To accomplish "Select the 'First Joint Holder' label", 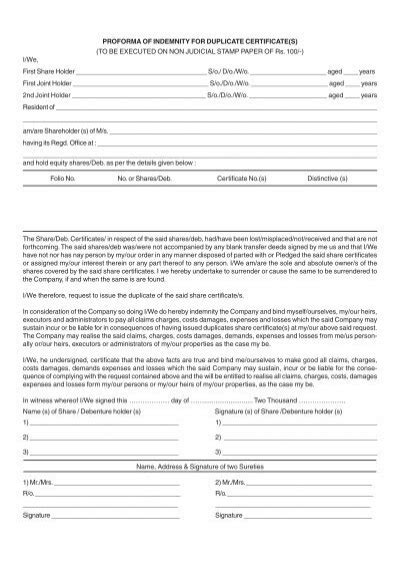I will click(46, 85).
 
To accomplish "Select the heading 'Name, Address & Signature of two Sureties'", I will click(199, 466).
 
